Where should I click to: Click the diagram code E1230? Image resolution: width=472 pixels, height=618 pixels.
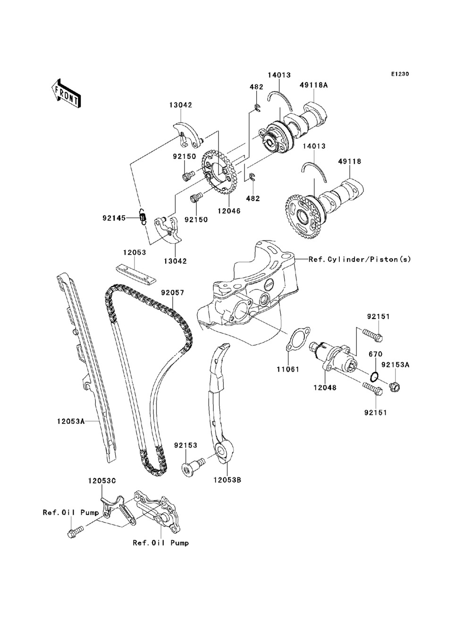(x=400, y=74)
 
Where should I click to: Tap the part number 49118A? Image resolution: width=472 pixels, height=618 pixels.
(x=313, y=85)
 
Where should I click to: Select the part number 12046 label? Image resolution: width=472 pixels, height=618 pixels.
(x=229, y=211)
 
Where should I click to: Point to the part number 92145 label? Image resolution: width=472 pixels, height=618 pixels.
(x=114, y=218)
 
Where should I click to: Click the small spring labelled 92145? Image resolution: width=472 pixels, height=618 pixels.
(x=143, y=217)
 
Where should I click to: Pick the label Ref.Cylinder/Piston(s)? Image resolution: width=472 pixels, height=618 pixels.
(x=360, y=259)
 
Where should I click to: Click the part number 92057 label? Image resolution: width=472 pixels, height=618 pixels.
(x=173, y=293)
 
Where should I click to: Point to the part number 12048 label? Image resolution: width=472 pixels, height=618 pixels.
(x=325, y=388)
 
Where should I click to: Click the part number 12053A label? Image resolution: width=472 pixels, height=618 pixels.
(x=71, y=421)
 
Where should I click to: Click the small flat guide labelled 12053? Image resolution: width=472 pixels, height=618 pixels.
(x=135, y=274)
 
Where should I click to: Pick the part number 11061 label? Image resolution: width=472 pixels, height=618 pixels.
(x=287, y=369)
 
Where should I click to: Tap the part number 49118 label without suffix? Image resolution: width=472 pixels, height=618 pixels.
(x=349, y=161)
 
